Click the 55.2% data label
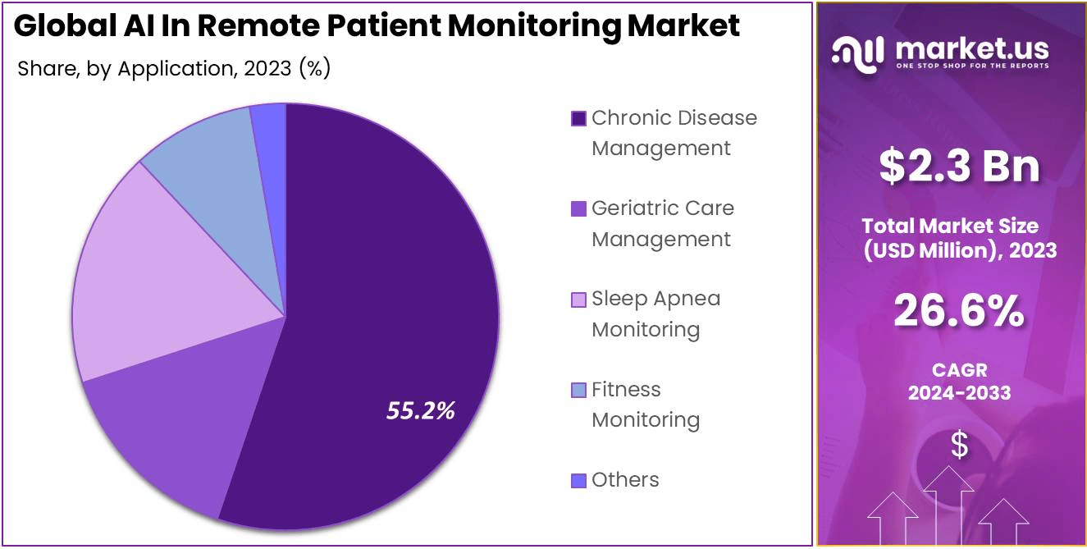420,410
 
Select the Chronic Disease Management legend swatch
578,119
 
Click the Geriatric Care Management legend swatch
578,209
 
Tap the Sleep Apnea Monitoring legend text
655,313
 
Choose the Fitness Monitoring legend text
646,405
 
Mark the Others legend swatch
578,480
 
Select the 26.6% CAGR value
958,311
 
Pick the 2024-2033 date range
959,393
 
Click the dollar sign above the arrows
959,445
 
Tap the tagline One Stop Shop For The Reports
972,66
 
